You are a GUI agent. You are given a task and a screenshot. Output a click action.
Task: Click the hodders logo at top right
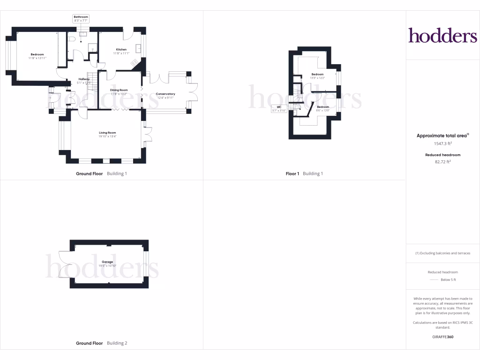[x=442, y=35]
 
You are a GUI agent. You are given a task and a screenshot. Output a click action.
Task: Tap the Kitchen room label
[x=121, y=51]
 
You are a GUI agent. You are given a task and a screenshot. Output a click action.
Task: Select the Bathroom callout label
[x=81, y=19]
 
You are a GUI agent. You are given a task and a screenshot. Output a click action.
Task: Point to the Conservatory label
[x=165, y=96]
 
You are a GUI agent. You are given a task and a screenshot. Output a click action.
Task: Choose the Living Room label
[x=107, y=135]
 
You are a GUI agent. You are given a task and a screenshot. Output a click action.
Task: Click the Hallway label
[x=84, y=81]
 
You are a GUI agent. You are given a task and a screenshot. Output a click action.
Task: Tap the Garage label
[x=107, y=264]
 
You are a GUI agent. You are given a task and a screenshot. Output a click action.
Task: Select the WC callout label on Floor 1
[x=279, y=109]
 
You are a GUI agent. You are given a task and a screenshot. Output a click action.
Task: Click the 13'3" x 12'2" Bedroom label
[x=317, y=76]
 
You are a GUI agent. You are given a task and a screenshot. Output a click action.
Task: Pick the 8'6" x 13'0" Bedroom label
[x=323, y=109]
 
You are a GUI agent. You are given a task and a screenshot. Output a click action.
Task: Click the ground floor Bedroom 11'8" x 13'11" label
[x=37, y=56]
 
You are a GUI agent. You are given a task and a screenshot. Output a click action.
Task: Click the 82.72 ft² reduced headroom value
[x=442, y=162]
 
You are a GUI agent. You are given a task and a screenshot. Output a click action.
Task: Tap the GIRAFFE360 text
[x=442, y=337]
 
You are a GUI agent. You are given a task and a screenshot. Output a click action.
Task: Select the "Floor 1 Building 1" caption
[x=304, y=173]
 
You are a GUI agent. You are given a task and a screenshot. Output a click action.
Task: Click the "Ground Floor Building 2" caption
[x=101, y=343]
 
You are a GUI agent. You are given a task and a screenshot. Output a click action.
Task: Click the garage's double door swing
[x=64, y=264]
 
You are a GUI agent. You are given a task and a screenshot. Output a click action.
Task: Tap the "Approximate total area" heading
[x=442, y=135]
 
